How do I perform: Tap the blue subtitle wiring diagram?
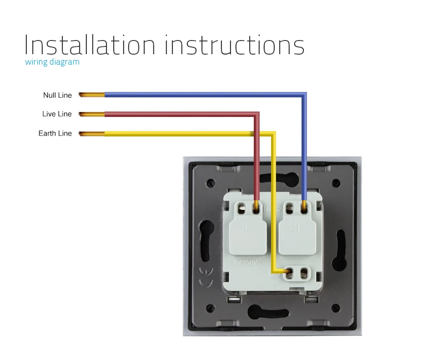tap(52, 62)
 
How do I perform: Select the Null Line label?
tap(57, 95)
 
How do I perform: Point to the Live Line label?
tap(57, 114)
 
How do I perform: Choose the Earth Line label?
tap(55, 133)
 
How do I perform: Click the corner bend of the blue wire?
tap(304, 96)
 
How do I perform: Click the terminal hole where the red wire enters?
tap(256, 209)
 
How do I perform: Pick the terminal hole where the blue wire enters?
tap(304, 209)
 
